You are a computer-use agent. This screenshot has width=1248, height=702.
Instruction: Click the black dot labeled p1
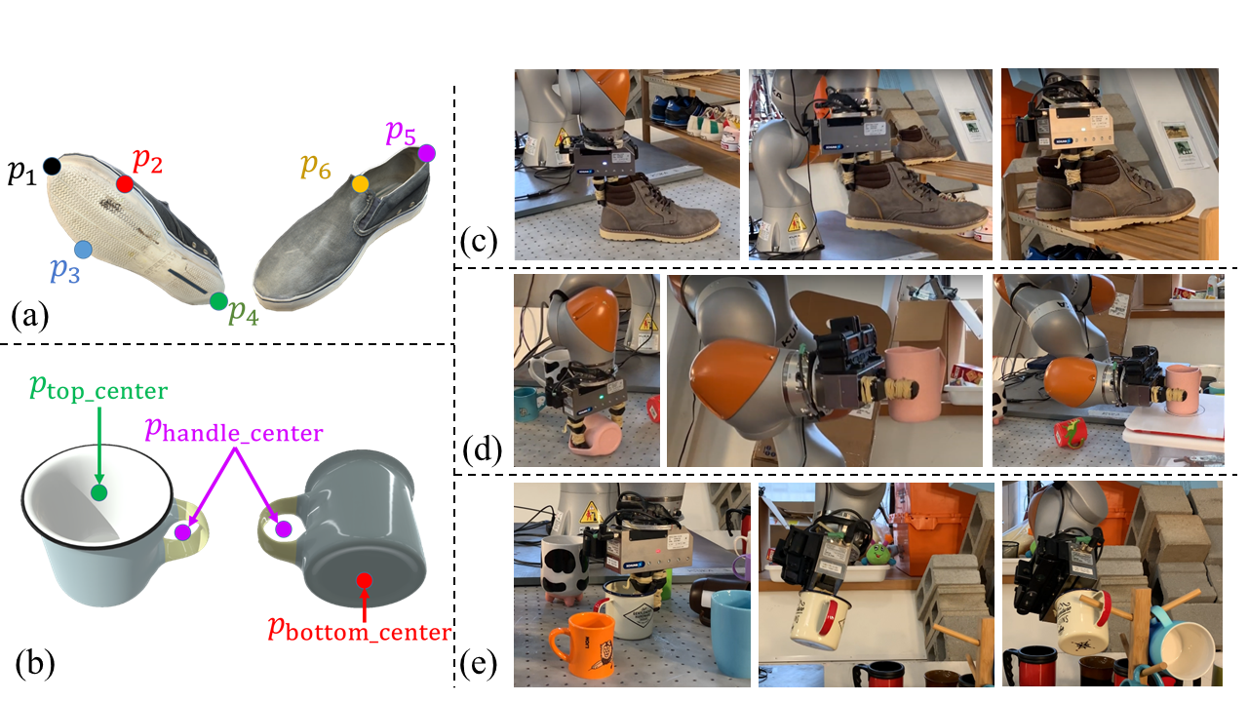(52, 167)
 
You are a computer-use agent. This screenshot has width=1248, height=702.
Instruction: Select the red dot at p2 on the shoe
(124, 183)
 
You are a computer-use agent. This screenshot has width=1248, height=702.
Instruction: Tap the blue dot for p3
(83, 250)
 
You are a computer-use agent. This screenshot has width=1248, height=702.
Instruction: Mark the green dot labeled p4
(218, 301)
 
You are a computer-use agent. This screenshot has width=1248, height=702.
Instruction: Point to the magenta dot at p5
(426, 153)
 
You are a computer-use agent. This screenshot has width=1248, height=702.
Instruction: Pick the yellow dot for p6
(360, 183)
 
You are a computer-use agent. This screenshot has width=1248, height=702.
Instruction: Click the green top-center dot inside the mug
(97, 492)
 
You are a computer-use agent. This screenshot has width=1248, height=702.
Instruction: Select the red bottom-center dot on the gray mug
(364, 581)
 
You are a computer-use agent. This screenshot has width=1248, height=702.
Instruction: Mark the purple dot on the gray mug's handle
(284, 529)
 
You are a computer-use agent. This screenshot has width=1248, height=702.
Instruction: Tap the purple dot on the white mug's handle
(182, 532)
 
